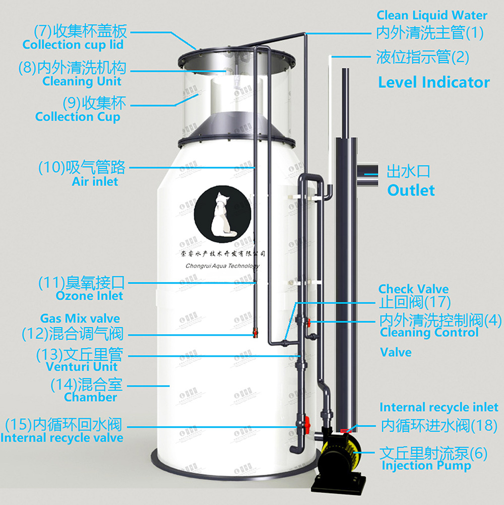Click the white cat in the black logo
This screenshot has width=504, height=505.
(221, 214)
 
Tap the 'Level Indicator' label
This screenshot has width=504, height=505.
(433, 83)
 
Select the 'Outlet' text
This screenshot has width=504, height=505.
(411, 191)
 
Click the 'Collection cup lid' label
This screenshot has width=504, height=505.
(73, 45)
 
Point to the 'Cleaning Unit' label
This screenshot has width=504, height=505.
(82, 81)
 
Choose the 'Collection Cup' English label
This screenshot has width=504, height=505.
(78, 117)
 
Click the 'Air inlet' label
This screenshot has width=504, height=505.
(95, 181)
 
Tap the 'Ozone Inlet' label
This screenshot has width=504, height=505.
(89, 296)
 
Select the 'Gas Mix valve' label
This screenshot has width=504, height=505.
(80, 319)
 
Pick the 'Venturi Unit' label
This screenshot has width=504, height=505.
(82, 367)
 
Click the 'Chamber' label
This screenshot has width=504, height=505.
(90, 397)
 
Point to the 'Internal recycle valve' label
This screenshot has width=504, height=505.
(61, 437)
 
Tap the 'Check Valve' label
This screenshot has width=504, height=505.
(413, 289)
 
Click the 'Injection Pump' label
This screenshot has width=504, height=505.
(426, 466)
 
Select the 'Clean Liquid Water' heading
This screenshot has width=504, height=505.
(432, 16)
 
